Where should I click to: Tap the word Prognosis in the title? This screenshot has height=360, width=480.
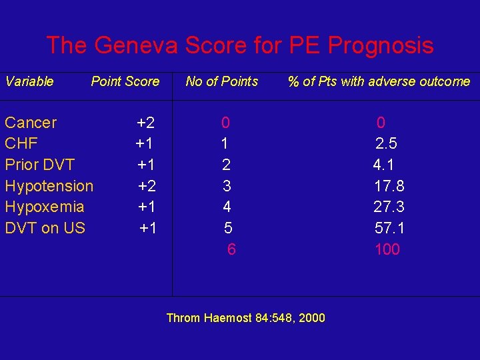coord(381,45)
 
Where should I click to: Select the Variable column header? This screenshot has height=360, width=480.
coord(29,81)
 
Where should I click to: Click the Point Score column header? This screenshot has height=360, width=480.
coord(125,81)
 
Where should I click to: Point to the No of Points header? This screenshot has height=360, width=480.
coord(222,81)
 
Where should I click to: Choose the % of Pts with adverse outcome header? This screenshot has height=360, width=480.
coord(379,81)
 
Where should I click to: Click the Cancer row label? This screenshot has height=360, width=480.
coord(31,123)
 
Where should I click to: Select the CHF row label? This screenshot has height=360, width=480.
coord(21,143)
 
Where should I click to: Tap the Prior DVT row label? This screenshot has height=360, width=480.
coord(39,165)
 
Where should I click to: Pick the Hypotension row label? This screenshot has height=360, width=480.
coord(49,186)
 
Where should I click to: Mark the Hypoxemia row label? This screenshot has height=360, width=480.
coord(44,207)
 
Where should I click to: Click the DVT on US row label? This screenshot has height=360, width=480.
coord(45,228)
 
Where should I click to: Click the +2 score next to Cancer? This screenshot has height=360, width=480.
coord(146,123)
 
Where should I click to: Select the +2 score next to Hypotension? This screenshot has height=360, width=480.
coord(147,186)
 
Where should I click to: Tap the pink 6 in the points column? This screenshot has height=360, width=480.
coord(231,249)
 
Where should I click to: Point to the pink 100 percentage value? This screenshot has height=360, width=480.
coord(387,249)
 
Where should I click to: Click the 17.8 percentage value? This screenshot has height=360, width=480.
coord(389,186)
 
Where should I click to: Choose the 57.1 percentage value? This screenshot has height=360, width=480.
coord(389,228)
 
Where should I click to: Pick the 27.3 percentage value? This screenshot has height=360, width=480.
coord(389,207)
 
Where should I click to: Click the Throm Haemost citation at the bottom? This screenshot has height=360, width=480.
coord(245,318)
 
